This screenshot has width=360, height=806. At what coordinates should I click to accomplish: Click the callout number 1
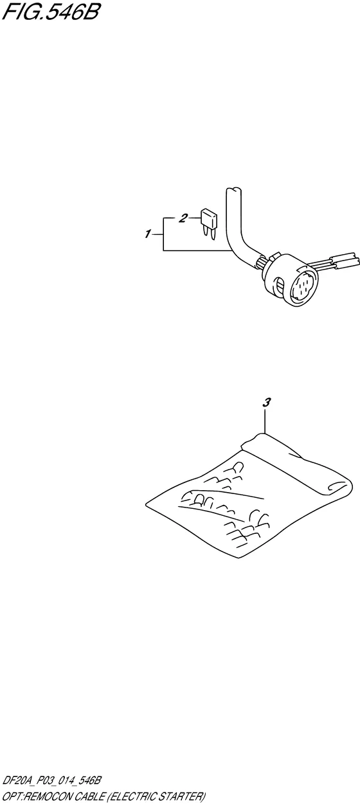[x=147, y=235]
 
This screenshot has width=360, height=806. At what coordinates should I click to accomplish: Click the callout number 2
[x=183, y=217]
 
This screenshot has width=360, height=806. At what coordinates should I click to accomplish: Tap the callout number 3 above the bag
[x=266, y=403]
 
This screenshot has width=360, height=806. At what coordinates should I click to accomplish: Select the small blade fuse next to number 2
[x=210, y=224]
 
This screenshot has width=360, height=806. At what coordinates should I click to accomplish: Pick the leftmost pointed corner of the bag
[x=146, y=502]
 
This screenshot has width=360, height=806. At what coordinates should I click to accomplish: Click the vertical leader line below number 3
[x=265, y=421]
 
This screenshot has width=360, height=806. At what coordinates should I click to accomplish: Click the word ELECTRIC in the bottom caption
[x=130, y=796]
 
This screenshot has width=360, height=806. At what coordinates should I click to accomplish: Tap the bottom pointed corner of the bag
[x=238, y=558]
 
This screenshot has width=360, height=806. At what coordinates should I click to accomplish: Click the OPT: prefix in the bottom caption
[x=14, y=796]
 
